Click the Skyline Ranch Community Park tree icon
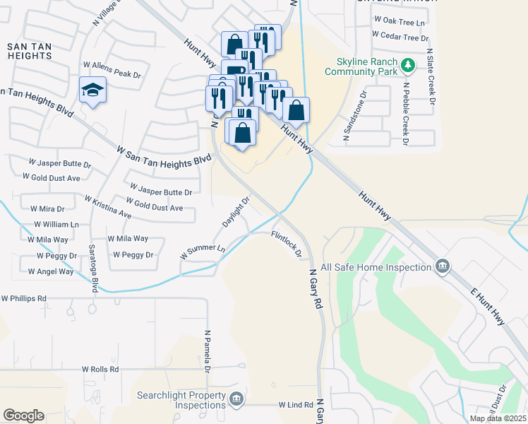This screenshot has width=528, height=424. coord(408,66)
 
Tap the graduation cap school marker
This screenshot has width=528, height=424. coord(92,90)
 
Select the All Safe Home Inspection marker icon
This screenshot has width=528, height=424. coord(443,267)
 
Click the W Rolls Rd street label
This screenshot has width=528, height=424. coord(100,369)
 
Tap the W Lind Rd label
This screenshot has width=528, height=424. coord(295,405)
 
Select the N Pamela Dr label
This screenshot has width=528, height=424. coord(208,351)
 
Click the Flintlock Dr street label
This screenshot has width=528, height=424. coord(288,243)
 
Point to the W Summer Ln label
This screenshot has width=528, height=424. coord(203,250)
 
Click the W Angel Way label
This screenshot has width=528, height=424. coord(51,271)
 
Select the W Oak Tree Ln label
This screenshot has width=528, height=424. coord(400,23)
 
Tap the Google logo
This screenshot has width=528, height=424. coord(23,416)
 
